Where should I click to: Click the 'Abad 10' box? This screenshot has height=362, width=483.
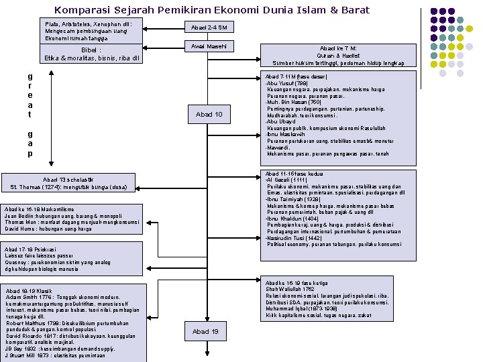coord(209,115)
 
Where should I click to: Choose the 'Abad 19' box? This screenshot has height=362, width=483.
coord(205,331)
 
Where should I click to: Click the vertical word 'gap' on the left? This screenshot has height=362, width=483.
coord(30,144)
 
